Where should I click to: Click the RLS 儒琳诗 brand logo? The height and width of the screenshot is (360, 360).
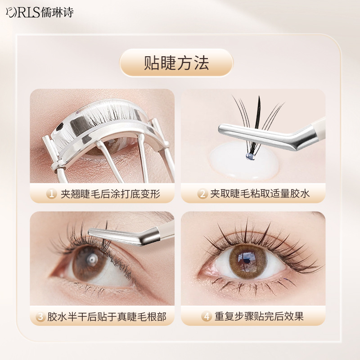point(40,13)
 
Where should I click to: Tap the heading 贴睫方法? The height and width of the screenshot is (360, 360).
point(176,63)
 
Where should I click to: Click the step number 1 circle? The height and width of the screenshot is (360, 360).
point(51,193)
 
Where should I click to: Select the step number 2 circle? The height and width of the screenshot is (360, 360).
point(202,193)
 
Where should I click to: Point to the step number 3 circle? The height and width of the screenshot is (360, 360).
point(40,316)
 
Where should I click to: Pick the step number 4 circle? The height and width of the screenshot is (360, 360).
point(207,316)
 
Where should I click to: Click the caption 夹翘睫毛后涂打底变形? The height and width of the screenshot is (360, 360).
point(110,194)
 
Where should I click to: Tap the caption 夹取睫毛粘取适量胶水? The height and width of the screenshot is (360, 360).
point(260,194)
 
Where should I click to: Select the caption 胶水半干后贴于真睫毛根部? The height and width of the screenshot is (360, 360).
point(107,317)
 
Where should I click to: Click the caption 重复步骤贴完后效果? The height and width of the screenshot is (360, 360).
point(259,317)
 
